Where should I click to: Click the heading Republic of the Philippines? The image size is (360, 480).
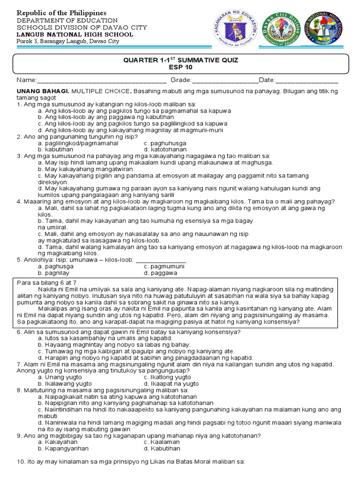pos(61,12)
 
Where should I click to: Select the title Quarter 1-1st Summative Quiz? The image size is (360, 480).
pos(180,60)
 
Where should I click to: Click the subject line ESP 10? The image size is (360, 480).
pos(180,67)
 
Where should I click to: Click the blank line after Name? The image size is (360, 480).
pos(101,81)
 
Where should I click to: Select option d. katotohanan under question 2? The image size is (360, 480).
pos(165,149)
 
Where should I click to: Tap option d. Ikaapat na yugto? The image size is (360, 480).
pos(168,383)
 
